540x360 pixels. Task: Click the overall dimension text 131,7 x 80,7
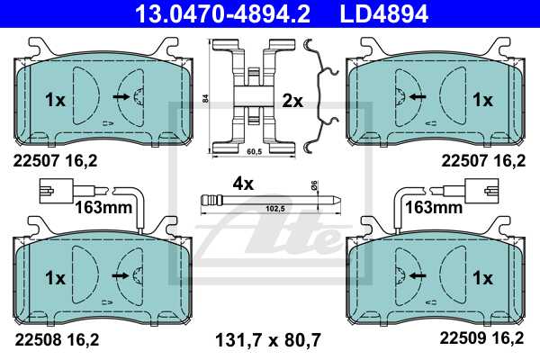tap(269, 340)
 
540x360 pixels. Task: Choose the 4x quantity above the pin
tap(244, 183)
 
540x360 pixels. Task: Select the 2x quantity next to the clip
tap(292, 101)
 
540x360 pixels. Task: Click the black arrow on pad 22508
tap(121, 274)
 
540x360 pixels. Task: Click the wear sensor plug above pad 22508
tap(58, 191)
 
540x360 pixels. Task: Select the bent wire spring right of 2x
tap(320, 94)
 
